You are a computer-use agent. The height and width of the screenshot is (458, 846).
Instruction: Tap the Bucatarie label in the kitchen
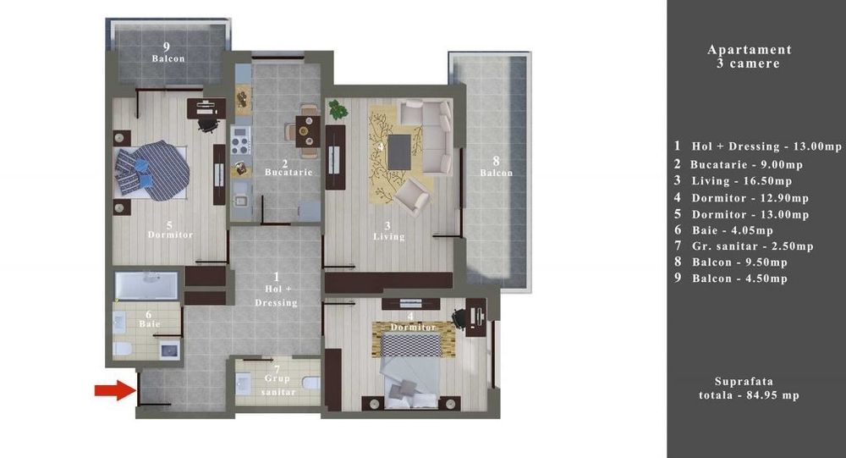click(288, 173)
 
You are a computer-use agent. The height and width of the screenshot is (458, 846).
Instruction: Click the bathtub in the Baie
click(147, 286)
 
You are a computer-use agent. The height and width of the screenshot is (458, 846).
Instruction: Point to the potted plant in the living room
click(338, 109)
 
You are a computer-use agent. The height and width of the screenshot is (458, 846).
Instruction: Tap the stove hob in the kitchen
click(241, 135)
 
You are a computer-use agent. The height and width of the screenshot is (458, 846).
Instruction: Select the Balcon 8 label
click(497, 173)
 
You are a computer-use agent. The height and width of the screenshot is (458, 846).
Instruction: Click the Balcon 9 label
click(168, 59)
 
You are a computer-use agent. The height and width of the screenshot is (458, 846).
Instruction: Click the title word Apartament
click(749, 50)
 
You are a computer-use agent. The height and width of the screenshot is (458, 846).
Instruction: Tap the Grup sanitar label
click(276, 387)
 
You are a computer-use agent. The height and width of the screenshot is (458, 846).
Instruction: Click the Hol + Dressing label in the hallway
click(276, 290)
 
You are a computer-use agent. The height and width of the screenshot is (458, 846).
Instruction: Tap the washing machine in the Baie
click(169, 349)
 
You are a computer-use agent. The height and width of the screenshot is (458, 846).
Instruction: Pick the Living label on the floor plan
click(388, 237)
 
